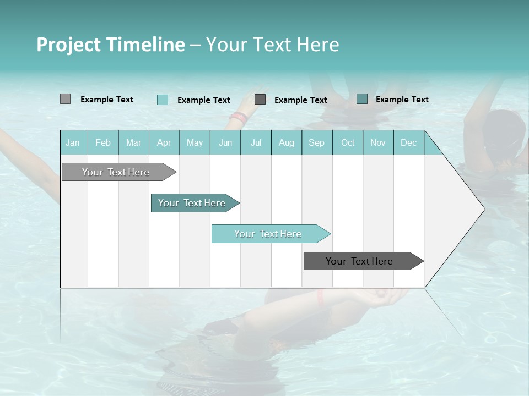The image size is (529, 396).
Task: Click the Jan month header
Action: pos(73,143)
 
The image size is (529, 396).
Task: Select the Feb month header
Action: pos(103,143)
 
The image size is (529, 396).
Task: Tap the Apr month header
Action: pos(164,143)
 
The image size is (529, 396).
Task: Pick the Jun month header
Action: pos(225,143)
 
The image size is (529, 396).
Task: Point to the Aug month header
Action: pos(287,143)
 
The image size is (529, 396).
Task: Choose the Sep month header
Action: pos(317,143)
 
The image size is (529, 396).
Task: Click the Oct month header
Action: pos(348,143)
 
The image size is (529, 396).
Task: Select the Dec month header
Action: pos(409,143)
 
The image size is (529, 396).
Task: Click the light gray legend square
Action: pos(65,99)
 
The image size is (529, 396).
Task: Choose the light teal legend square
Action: pos(163,100)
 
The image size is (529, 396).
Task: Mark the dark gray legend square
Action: pos(260,100)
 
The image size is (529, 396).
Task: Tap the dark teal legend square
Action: pos(362,99)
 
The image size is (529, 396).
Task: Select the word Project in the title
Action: pos(68,45)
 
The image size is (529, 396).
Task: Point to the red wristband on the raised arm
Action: pos(239,117)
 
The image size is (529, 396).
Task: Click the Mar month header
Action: pos(134,143)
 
